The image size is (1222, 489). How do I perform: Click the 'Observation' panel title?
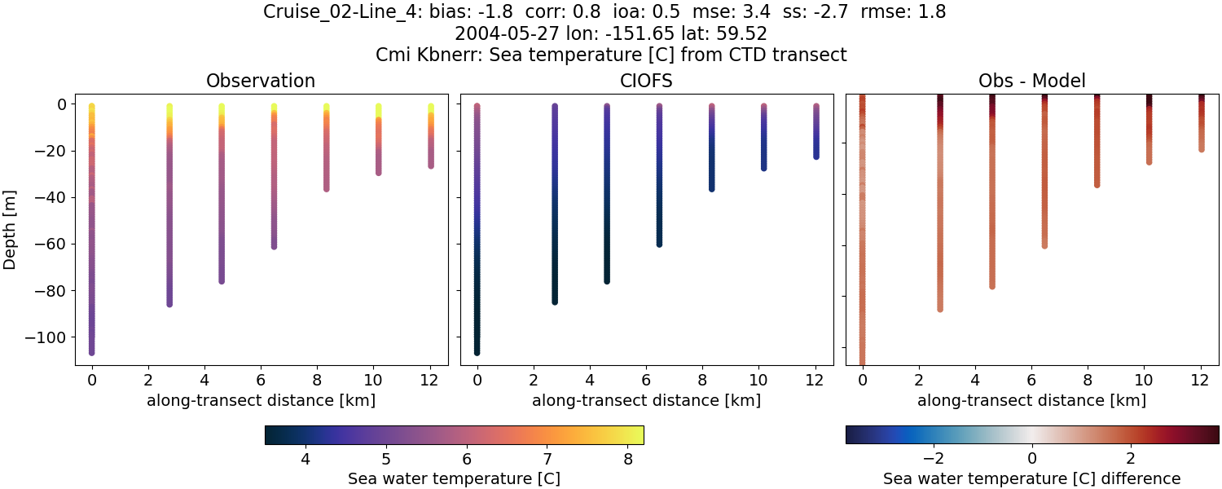coord(261,81)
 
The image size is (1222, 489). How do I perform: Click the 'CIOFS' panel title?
coord(646,81)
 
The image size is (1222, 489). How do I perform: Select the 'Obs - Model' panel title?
coord(1031,81)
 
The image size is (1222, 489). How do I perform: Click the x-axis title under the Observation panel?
coord(261,400)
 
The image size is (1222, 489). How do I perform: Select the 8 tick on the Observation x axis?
coord(317,379)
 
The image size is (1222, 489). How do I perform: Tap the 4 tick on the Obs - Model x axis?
coord(975,379)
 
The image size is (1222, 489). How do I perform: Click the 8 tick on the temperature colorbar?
coord(627,459)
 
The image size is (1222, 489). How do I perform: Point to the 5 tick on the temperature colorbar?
coord(385,459)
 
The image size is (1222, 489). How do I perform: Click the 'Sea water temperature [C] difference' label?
coord(1031,478)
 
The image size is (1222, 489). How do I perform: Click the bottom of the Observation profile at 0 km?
coord(91,352)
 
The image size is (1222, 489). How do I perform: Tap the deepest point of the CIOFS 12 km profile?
coord(815,156)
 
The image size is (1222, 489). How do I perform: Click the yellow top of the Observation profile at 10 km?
coord(379,108)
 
